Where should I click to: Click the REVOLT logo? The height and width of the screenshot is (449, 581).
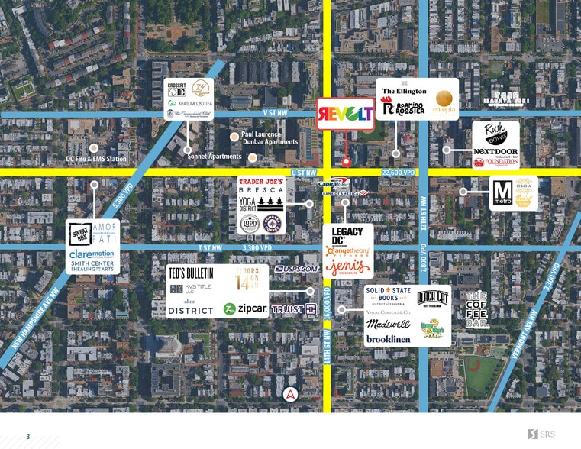coord(346,113)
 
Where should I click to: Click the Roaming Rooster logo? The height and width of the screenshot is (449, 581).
coord(404,108)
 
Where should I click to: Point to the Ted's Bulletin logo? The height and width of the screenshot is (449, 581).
coord(191,273)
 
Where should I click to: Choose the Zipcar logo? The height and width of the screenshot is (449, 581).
coord(244,309)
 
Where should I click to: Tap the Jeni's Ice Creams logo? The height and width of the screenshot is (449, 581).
coord(347,267)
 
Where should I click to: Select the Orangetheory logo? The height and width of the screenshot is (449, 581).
coord(347,250)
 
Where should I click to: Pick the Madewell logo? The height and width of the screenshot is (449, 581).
coord(389,325)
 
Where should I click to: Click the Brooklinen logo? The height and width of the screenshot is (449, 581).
coord(389,338)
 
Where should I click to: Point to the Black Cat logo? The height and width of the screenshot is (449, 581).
coord(432,298)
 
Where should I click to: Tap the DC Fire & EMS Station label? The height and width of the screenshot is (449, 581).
coord(96,159)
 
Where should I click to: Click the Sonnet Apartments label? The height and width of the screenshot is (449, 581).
coord(215,157)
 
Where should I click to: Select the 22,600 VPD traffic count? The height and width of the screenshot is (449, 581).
coord(398,173)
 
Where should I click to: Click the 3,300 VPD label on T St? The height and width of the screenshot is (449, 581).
coord(257,247)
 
